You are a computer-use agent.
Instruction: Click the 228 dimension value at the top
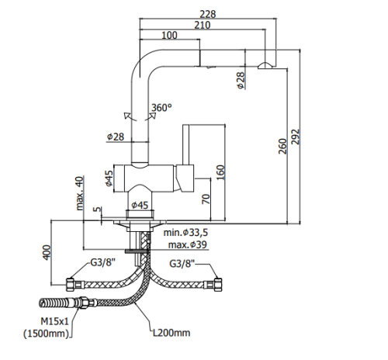pos(208,14)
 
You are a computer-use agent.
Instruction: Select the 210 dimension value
pos(203,25)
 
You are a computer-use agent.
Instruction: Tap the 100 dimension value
pos(169,35)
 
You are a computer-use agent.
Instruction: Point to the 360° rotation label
pos(161,107)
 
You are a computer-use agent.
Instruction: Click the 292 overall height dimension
pos(296,137)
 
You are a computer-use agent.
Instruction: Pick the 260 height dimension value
pos(283,147)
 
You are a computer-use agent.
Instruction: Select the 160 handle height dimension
pos(220,172)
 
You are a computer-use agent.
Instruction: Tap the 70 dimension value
pos(206,199)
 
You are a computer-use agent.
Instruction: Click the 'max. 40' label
pos(80,193)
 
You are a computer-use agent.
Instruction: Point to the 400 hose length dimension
pos(47,252)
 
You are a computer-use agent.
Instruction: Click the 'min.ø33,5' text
pos(185,233)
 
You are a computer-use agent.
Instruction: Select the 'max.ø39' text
pos(188,244)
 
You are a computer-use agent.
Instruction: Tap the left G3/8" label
pos(102,263)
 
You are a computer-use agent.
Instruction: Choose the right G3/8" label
pos(182,264)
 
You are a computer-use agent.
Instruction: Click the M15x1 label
pos(54,321)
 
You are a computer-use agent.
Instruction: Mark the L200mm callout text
pos(171,333)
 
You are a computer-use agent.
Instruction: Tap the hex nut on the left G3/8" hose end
pos(71,285)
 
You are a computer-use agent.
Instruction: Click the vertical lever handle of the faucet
pos(186,145)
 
